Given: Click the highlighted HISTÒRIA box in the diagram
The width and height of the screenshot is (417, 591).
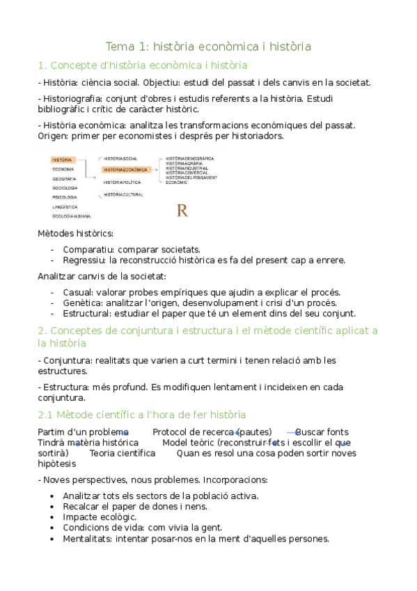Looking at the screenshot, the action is click(62, 160).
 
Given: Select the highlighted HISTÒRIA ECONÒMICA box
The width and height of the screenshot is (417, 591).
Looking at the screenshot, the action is click(125, 169).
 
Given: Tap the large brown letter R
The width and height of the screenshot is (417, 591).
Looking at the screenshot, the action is click(182, 210).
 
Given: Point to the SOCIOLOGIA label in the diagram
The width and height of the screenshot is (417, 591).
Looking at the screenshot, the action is click(65, 188).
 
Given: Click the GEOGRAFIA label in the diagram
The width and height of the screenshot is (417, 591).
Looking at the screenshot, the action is click(64, 178).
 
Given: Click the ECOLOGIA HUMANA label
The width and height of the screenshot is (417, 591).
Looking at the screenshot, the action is click(71, 216).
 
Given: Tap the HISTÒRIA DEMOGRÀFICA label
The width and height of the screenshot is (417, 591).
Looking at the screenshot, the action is click(190, 158).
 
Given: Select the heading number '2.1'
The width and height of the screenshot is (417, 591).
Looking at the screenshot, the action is click(47, 415).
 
